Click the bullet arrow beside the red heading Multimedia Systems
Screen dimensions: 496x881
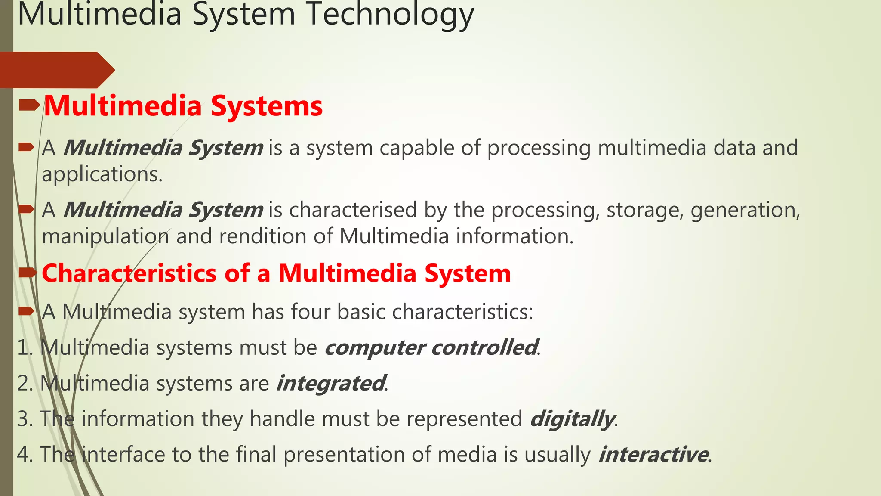29,105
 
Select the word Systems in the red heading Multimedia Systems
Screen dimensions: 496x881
267,106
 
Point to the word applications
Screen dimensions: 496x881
102,174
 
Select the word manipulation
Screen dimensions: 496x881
105,236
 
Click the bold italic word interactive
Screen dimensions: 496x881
653,455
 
